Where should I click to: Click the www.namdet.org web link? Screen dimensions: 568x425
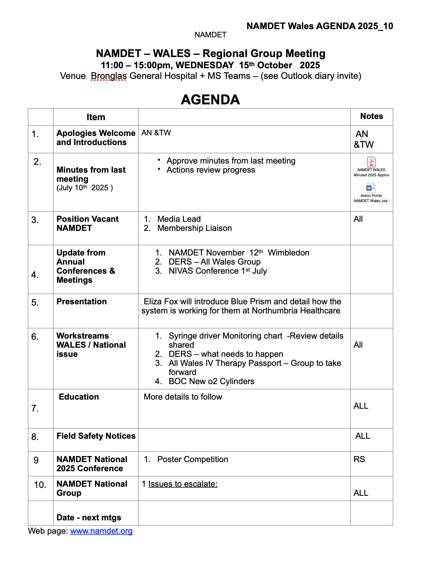tap(101, 531)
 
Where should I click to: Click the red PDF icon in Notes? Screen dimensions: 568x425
tap(371, 162)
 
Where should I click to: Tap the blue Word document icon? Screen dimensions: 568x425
tap(371, 188)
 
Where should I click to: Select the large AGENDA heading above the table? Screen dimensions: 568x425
tap(210, 100)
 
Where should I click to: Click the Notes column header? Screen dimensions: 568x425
tap(372, 116)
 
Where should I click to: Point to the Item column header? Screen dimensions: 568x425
tap(96, 117)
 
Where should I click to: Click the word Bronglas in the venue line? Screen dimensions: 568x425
tap(109, 76)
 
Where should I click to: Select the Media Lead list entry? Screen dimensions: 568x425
tap(179, 219)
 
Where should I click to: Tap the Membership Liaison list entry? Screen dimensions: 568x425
tap(194, 228)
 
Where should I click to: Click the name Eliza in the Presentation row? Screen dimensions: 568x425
tap(153, 302)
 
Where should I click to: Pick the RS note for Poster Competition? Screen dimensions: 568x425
tap(359, 459)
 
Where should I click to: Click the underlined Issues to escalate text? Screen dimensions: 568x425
tap(183, 484)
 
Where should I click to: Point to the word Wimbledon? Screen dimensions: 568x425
tap(288, 253)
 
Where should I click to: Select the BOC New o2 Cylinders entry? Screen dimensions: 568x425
tap(211, 381)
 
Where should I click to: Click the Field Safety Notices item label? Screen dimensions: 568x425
tap(96, 436)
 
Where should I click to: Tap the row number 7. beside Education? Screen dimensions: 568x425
tap(35, 408)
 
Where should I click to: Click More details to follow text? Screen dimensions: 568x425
tap(183, 397)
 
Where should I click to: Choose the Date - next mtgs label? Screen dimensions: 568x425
tap(89, 518)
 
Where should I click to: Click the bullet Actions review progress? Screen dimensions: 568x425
tap(211, 170)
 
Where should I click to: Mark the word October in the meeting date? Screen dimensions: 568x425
tap(275, 65)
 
